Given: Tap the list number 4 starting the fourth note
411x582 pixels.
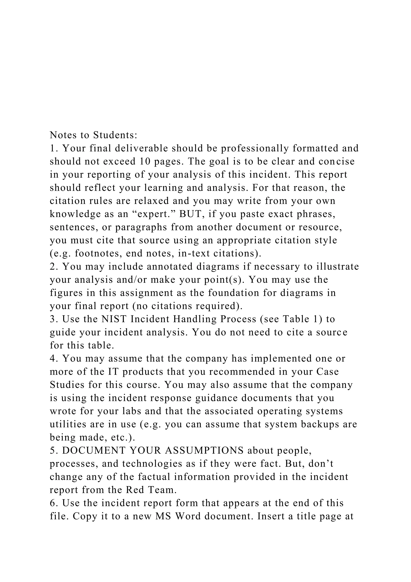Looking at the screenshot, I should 52,359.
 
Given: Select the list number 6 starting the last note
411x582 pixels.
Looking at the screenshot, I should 52,503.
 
